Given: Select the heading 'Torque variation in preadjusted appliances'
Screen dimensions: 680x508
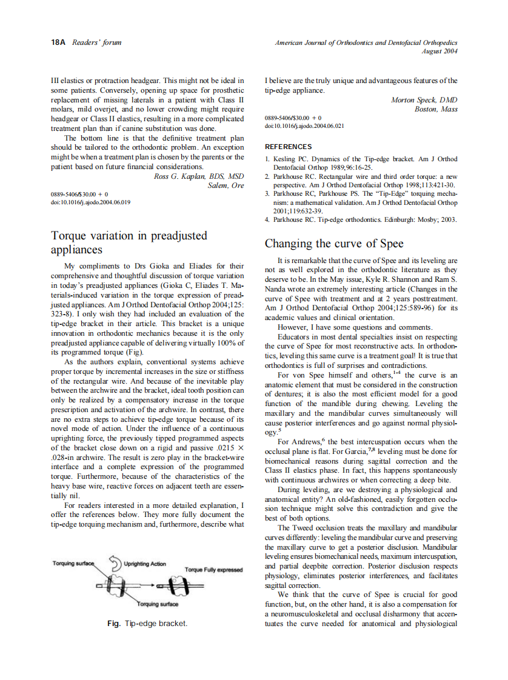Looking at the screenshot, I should click(x=129, y=242).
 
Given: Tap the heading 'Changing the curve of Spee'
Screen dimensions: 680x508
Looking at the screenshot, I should click(x=334, y=244).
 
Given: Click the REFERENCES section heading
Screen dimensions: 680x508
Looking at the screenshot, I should click(x=289, y=147).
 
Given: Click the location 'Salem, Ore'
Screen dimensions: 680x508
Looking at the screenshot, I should click(x=226, y=185).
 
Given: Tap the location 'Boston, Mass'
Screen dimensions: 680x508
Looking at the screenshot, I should click(x=436, y=108).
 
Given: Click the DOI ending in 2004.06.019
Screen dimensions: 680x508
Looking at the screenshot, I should click(x=91, y=202).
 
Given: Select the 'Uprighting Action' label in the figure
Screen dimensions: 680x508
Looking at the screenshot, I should click(x=145, y=564).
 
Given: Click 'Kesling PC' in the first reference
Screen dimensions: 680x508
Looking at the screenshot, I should click(x=293, y=159).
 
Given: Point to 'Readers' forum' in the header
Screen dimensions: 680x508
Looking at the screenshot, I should click(x=97, y=42).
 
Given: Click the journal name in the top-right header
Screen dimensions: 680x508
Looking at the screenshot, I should click(x=366, y=42).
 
